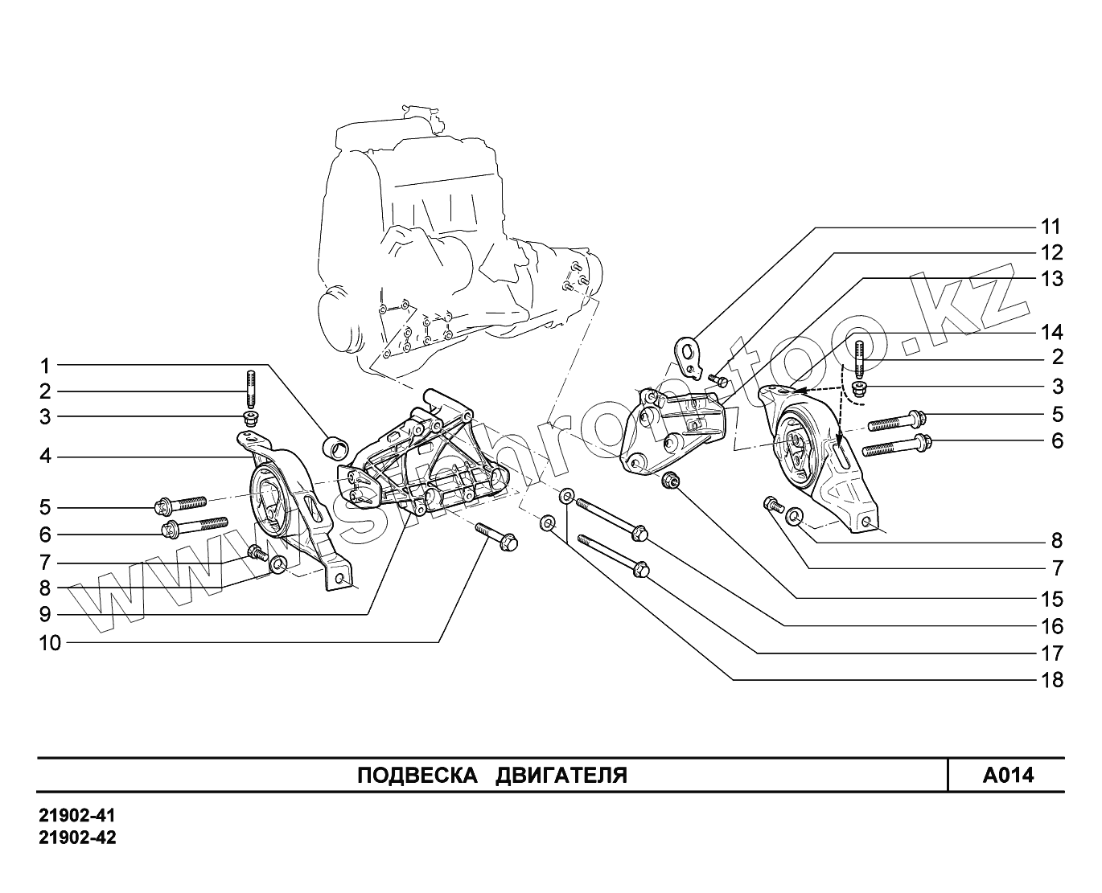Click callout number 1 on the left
click(46, 367)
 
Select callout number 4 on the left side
click(46, 457)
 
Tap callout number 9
click(46, 615)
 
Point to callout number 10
click(51, 643)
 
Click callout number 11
click(1051, 227)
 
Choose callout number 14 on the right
click(1051, 332)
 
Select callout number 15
click(1051, 600)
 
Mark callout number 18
click(1051, 681)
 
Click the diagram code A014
click(1008, 776)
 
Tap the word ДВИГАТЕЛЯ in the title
click(561, 776)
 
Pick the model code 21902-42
click(77, 838)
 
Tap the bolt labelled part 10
click(497, 537)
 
